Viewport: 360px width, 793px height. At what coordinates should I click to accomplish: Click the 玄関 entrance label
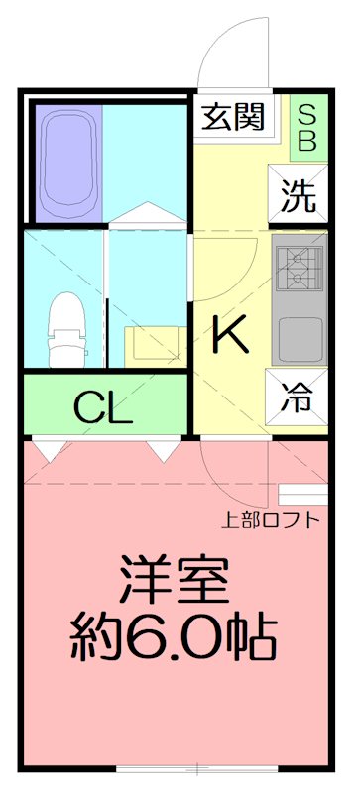pos(234,119)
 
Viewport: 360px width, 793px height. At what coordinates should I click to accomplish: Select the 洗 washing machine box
pos(298,195)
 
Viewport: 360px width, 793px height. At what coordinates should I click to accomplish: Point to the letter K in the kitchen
pos(230,337)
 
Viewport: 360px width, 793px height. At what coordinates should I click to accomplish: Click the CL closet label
pos(103,406)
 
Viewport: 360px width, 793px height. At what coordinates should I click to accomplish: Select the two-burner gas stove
pos(299,267)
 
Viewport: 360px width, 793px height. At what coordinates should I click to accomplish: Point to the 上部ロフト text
pos(270,518)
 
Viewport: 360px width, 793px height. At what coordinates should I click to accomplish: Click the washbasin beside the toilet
pos(152,343)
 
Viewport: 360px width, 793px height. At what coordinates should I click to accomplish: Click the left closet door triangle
pos(46,450)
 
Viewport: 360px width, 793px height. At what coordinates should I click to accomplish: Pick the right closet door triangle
pos(161,450)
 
